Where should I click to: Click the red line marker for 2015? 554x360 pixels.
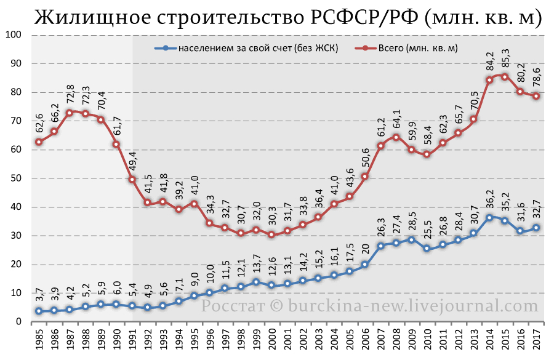[505, 77]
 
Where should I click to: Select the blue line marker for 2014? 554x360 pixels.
[489, 218]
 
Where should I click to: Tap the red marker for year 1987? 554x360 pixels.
[70, 113]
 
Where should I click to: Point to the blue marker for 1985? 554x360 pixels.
[39, 311]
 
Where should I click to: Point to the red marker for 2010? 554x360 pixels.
[427, 154]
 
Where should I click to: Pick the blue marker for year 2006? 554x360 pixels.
[365, 265]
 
